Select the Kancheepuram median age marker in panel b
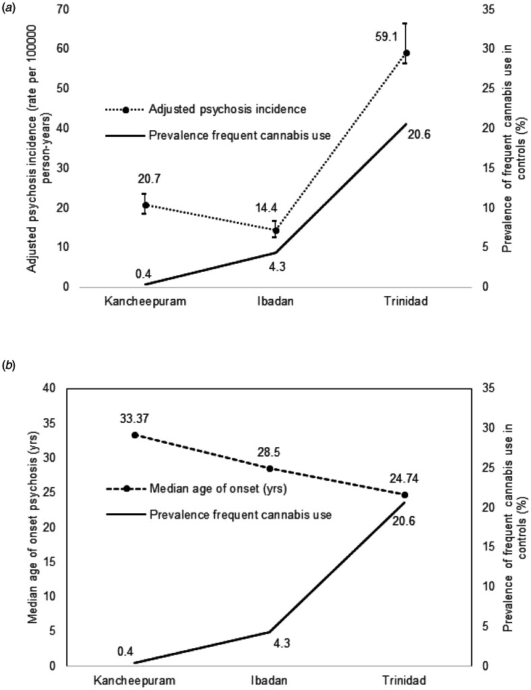tap(135, 435)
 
